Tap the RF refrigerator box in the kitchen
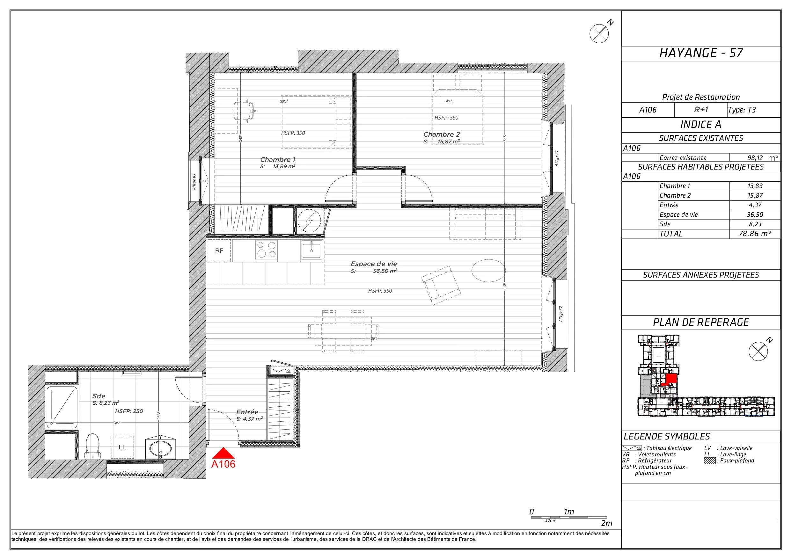tap(219, 251)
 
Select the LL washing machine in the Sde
tap(122, 447)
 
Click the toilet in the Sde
tap(92, 446)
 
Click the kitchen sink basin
tap(311, 250)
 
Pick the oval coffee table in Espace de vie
tap(488, 270)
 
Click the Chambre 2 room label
tap(442, 134)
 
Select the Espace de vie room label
tap(374, 264)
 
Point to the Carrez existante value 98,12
tap(755, 158)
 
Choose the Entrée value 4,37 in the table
tap(755, 205)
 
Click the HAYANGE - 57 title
tap(701, 53)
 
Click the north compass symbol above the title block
tap(599, 33)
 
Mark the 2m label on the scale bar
tap(607, 523)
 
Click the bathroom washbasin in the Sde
tap(161, 448)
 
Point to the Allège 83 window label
tap(194, 182)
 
